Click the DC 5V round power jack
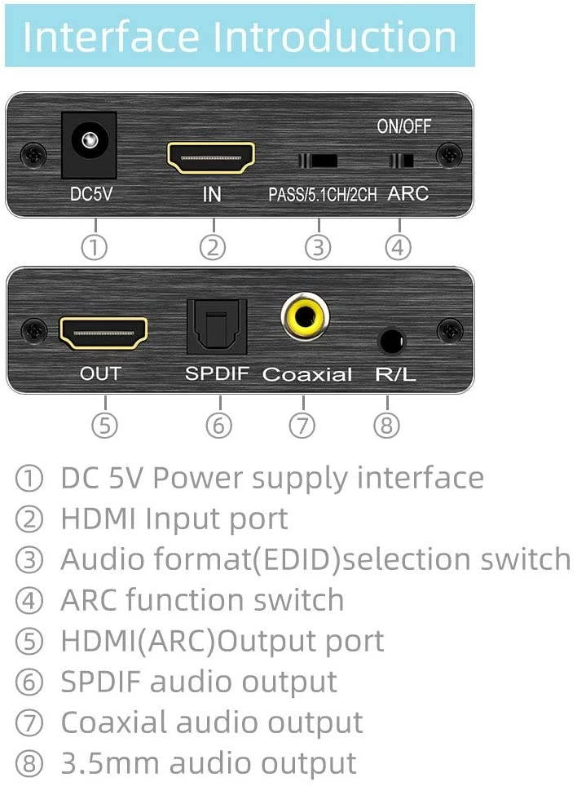[89, 144]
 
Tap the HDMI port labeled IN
[211, 157]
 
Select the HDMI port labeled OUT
[104, 333]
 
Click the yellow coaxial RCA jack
[305, 317]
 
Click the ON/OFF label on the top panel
[403, 126]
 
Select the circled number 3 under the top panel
[318, 246]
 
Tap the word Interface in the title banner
[111, 37]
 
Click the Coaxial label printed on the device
[307, 375]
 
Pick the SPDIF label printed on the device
[216, 374]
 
